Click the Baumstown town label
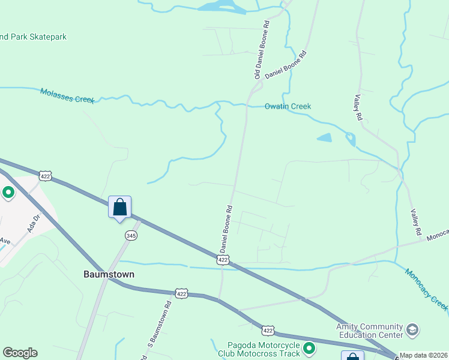pos(108,274)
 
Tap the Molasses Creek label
pos(67,95)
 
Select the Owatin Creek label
pos(288,106)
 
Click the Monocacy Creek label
pos(426,289)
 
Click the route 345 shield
pos(131,236)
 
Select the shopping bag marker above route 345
pos(119,208)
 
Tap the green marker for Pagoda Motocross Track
pos(309,348)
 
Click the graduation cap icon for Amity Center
pos(412,329)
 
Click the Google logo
pos(20,353)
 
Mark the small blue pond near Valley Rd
pos(324,138)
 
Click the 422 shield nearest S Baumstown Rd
pos(182,293)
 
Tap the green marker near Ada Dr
pos(8,193)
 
